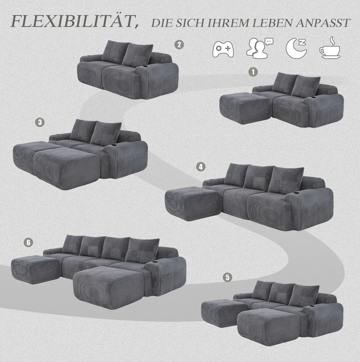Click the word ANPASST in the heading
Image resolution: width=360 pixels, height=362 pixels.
pos(323,23)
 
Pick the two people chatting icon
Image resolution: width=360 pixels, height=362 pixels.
pos(259,48)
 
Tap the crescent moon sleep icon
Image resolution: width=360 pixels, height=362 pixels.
pos(296,48)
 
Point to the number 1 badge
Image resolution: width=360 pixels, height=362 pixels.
pos(253,72)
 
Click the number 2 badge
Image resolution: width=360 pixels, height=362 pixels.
pos(179,45)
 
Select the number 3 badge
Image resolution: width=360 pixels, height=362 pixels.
pos(40,122)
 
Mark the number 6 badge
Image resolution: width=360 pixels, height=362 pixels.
pos(28,242)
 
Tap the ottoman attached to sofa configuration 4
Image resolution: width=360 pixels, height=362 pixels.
pos(193,204)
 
